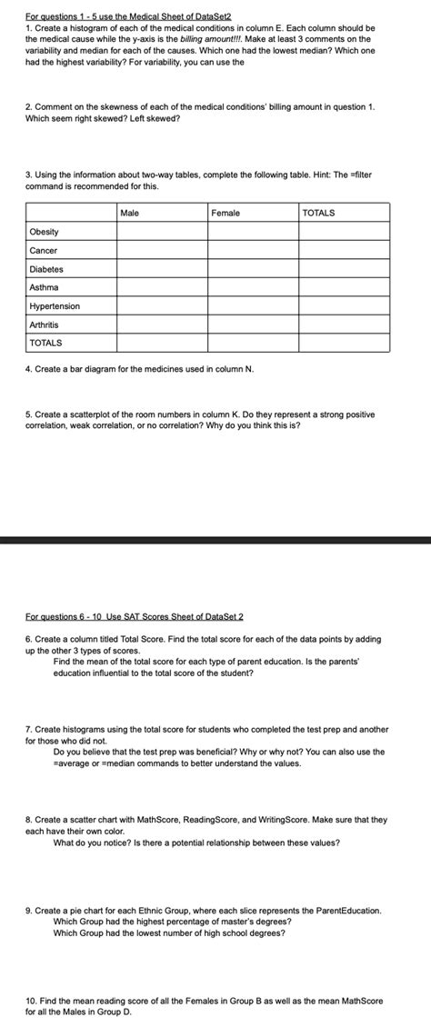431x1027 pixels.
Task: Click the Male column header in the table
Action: click(129, 213)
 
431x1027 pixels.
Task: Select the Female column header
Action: click(225, 213)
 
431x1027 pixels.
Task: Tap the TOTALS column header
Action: click(318, 213)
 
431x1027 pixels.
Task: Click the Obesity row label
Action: click(44, 232)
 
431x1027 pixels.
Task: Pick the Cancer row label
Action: click(43, 250)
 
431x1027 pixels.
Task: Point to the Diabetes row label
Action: click(46, 269)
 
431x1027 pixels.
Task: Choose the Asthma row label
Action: click(44, 287)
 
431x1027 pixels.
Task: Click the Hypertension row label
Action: click(54, 306)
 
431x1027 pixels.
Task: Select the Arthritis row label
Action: click(44, 324)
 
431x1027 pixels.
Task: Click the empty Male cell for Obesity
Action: click(162, 232)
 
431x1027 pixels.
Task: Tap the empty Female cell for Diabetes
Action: click(253, 269)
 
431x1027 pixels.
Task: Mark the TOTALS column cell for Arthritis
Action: click(345, 324)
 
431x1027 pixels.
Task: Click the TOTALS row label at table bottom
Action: click(45, 343)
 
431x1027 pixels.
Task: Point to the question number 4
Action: click(28, 369)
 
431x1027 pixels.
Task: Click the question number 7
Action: click(28, 729)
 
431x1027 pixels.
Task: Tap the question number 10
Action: click(31, 1000)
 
